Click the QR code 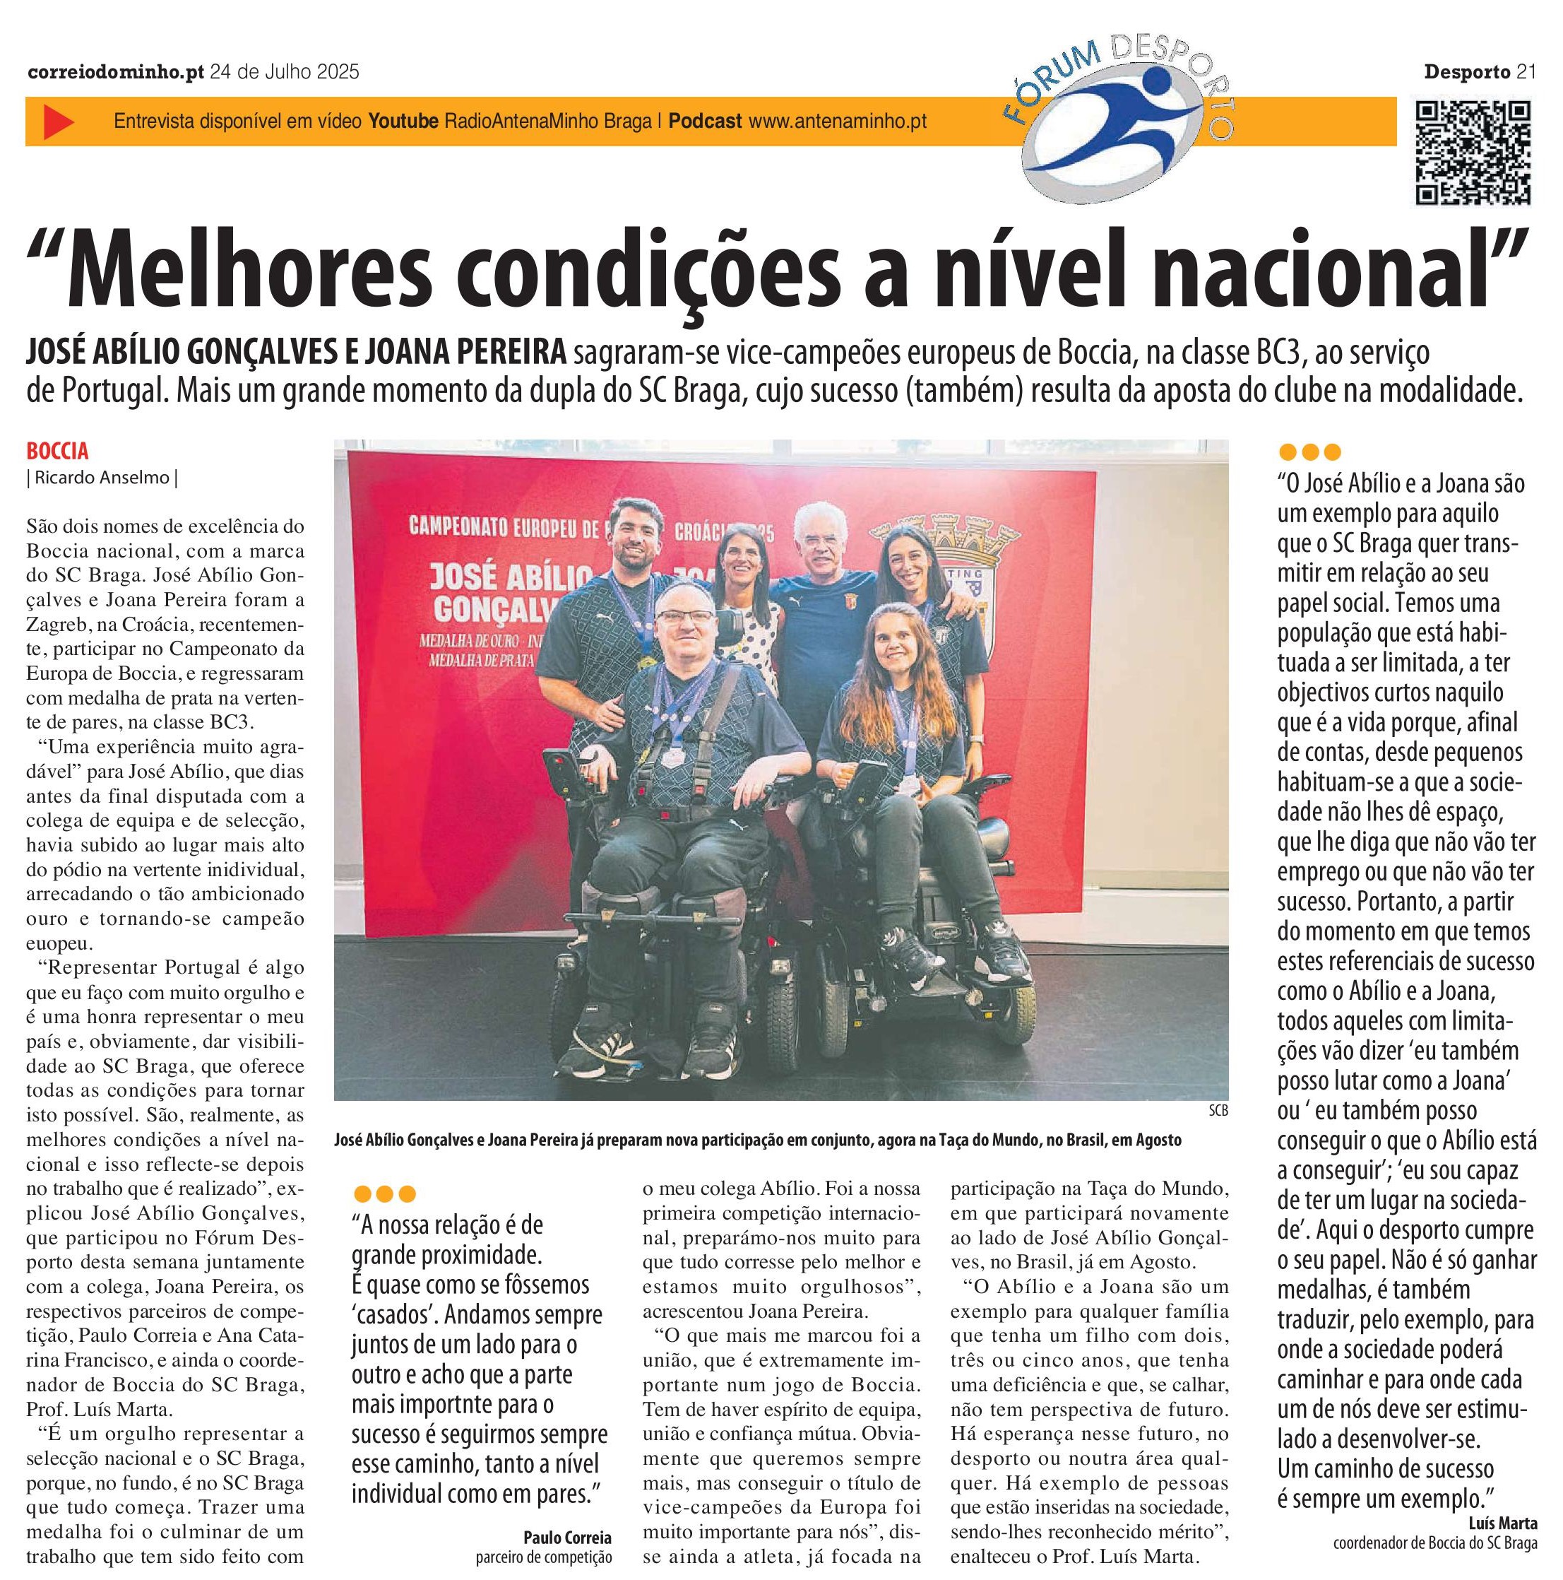pyautogui.click(x=1473, y=152)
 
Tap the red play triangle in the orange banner pyautogui.click(x=58, y=122)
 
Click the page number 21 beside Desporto pyautogui.click(x=1526, y=72)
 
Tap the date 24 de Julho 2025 pyautogui.click(x=285, y=72)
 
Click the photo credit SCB pyautogui.click(x=1217, y=1111)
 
